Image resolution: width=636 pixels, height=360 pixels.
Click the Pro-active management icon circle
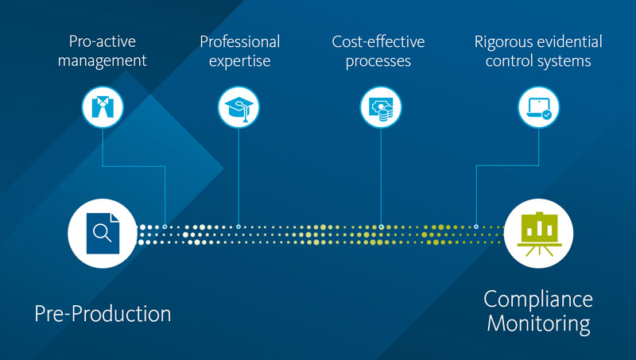pyautogui.click(x=103, y=106)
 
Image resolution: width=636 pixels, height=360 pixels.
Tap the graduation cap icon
pyautogui.click(x=238, y=106)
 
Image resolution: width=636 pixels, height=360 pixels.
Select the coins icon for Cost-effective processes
pyautogui.click(x=381, y=106)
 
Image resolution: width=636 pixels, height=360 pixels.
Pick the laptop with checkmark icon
pyautogui.click(x=538, y=106)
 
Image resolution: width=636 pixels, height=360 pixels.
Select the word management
pyautogui.click(x=104, y=62)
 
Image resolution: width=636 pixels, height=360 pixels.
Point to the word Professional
pyautogui.click(x=239, y=41)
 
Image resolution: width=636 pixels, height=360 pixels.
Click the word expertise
pyautogui.click(x=239, y=62)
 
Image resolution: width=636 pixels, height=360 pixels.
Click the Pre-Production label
pyautogui.click(x=103, y=313)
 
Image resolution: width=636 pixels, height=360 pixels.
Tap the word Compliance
pyautogui.click(x=538, y=299)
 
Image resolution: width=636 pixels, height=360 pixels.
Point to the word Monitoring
pyautogui.click(x=538, y=324)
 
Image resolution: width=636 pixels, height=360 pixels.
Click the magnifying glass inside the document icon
pyautogui.click(x=101, y=233)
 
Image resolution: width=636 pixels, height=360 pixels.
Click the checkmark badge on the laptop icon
pyautogui.click(x=547, y=114)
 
